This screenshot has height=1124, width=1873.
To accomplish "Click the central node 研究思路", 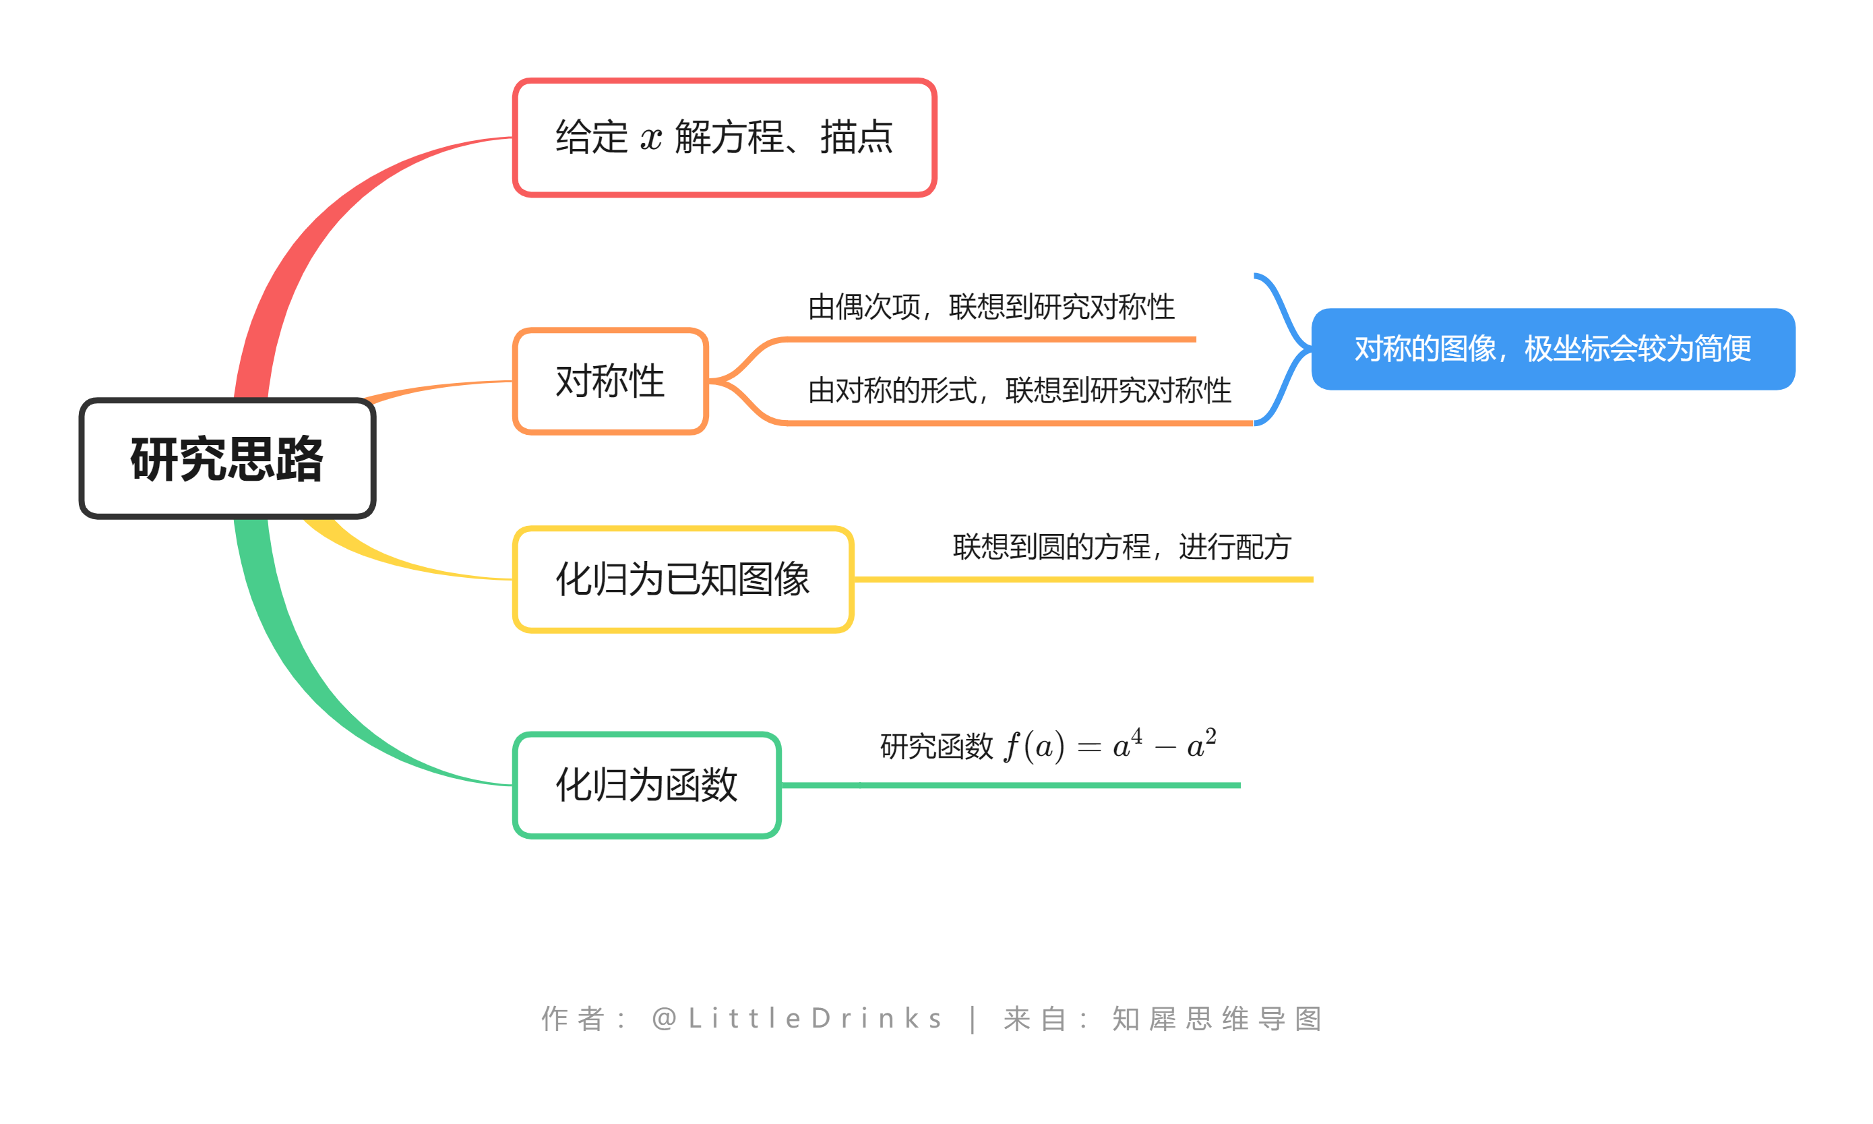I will (227, 459).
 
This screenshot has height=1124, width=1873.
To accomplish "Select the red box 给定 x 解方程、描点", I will (724, 137).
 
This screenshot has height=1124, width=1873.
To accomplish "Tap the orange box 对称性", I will (609, 381).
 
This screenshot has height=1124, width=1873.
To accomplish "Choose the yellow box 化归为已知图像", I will (682, 579).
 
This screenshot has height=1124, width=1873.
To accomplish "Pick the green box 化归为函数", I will (646, 785).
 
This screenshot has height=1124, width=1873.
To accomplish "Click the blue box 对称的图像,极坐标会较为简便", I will (1552, 349).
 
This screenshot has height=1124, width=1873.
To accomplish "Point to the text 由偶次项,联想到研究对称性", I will (991, 307).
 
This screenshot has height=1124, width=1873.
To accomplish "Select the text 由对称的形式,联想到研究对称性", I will (1019, 391).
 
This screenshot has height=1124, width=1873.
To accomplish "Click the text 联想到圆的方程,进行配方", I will (1122, 547).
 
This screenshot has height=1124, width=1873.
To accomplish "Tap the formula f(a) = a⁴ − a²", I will (1110, 746).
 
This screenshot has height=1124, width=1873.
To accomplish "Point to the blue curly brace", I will (1285, 349).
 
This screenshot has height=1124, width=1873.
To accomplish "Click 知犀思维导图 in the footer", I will (1217, 1019).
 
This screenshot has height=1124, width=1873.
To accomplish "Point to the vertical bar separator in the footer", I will (973, 1019).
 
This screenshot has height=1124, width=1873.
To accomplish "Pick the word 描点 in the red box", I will (856, 137).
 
